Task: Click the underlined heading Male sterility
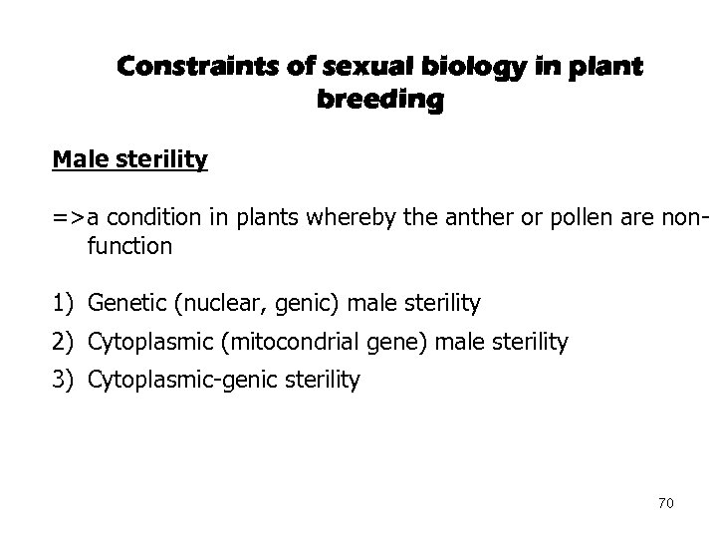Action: coord(130,160)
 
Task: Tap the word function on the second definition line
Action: coord(129,245)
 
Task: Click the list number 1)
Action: coord(64,302)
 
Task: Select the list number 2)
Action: coord(64,343)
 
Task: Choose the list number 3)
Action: coord(64,380)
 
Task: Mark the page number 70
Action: coord(666,503)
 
